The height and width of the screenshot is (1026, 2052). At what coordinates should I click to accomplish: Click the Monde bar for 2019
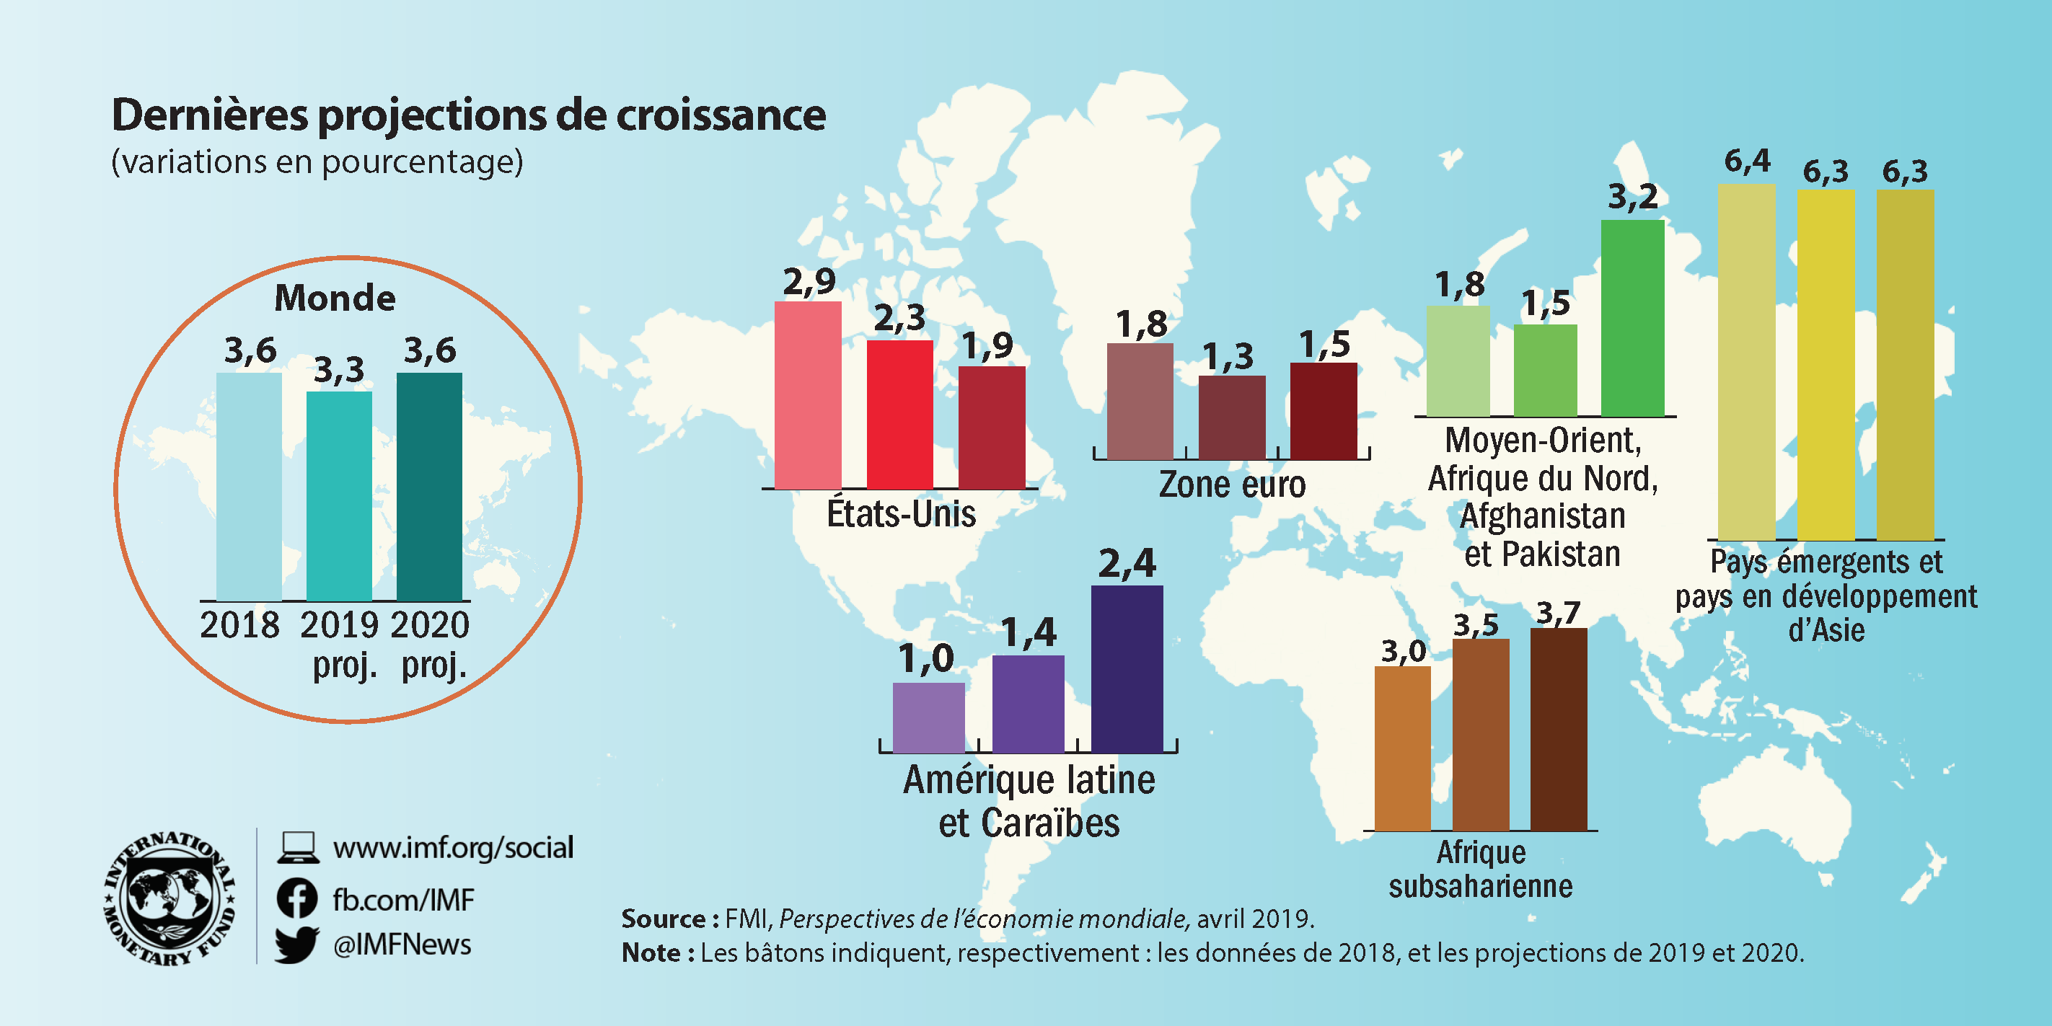pyautogui.click(x=338, y=495)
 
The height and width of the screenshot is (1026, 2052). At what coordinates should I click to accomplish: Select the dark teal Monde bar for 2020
pyautogui.click(x=428, y=486)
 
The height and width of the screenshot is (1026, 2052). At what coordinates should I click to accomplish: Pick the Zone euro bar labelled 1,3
pyautogui.click(x=1231, y=417)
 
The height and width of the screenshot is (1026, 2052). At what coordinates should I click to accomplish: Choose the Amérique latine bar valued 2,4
pyautogui.click(x=1127, y=668)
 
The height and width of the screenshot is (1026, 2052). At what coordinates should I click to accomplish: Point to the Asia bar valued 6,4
pyautogui.click(x=1746, y=363)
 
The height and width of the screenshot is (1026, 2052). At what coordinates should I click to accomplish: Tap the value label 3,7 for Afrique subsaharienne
pyautogui.click(x=1557, y=613)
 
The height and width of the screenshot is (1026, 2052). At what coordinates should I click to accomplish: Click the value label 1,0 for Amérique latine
pyautogui.click(x=925, y=659)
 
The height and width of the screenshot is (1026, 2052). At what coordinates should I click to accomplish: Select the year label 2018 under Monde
pyautogui.click(x=239, y=625)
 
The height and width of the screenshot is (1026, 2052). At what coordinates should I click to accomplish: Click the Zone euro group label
pyautogui.click(x=1231, y=485)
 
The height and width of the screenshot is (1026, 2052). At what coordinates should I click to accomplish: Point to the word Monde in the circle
pyautogui.click(x=335, y=298)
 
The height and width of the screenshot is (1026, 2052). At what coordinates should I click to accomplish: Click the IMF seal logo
pyautogui.click(x=169, y=898)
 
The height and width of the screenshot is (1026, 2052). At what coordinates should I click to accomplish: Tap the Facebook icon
pyautogui.click(x=297, y=899)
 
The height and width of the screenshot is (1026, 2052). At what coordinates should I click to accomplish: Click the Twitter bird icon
pyautogui.click(x=297, y=945)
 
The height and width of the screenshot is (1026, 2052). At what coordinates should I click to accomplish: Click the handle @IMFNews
pyautogui.click(x=402, y=945)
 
